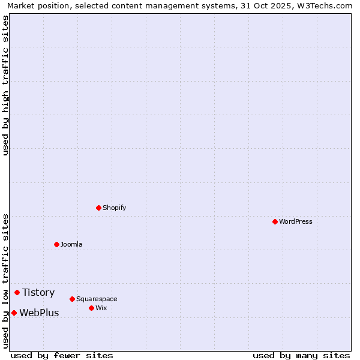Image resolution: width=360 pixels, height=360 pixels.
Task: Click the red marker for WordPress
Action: tap(275, 221)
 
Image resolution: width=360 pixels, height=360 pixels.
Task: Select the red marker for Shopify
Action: tap(98, 208)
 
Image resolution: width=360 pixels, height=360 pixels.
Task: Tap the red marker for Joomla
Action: tap(56, 244)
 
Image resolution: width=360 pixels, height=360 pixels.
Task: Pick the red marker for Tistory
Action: tap(17, 292)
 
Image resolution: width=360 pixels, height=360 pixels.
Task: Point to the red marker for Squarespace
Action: tap(72, 299)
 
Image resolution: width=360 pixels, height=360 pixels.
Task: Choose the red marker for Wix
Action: tap(91, 308)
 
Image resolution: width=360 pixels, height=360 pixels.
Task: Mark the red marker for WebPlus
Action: tap(14, 313)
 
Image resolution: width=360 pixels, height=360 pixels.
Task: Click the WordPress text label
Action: tap(296, 221)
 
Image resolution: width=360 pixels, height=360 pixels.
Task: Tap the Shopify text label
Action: tap(114, 208)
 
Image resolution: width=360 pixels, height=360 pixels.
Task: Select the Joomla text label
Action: tap(71, 244)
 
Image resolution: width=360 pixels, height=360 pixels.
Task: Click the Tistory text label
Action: tap(38, 292)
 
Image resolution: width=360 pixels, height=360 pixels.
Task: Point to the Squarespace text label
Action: tap(97, 299)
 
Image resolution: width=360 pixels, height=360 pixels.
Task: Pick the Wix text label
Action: tap(101, 308)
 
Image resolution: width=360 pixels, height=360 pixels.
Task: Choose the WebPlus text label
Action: tap(39, 313)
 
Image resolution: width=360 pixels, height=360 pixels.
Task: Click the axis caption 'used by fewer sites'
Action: tap(62, 355)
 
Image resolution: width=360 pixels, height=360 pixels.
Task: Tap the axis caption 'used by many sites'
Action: tap(301, 355)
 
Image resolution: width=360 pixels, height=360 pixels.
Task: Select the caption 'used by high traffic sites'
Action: tap(5, 85)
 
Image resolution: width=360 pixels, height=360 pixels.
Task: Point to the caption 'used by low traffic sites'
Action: tap(5, 281)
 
